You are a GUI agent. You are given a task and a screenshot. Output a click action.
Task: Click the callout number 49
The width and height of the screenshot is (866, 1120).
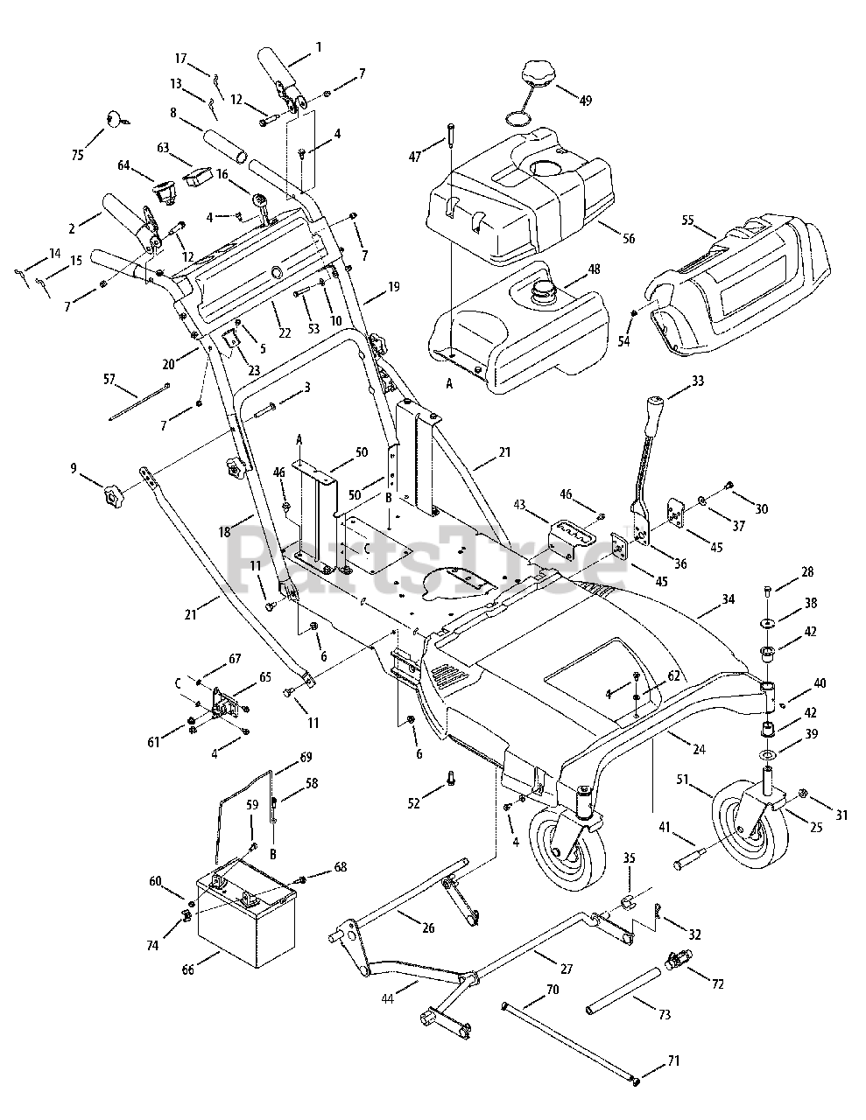point(586,101)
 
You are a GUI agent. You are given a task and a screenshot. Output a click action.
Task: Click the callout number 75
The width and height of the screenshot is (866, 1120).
point(78,155)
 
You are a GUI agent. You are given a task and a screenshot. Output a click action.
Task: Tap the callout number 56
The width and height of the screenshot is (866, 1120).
point(629,238)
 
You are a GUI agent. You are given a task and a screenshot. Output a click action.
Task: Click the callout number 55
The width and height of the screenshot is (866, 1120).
point(688,220)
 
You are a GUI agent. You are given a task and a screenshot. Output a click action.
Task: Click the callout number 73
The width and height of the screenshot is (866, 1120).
point(665,1014)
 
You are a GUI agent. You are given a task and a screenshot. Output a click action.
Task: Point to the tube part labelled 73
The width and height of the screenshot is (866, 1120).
point(623,990)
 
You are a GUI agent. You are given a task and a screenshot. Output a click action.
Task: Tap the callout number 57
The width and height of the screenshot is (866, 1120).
point(109,380)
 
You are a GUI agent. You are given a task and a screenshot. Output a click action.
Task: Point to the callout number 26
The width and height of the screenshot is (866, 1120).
point(428,927)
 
